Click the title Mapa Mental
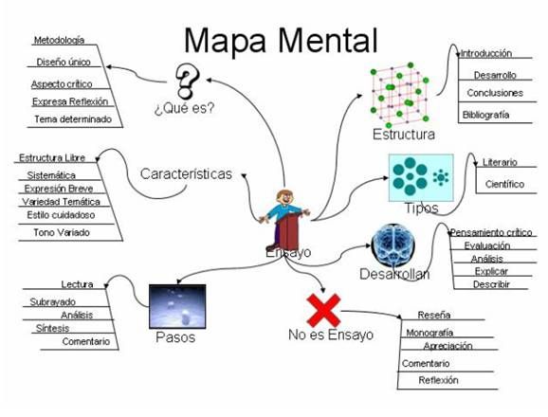[280, 40]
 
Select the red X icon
[324, 309]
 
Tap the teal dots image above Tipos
[420, 176]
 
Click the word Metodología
[59, 41]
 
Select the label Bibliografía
[485, 115]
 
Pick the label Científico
[503, 184]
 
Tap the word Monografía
[429, 333]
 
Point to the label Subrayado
[53, 301]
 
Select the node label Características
[186, 173]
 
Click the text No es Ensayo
[331, 335]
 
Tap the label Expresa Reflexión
[70, 101]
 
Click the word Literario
[500, 162]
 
